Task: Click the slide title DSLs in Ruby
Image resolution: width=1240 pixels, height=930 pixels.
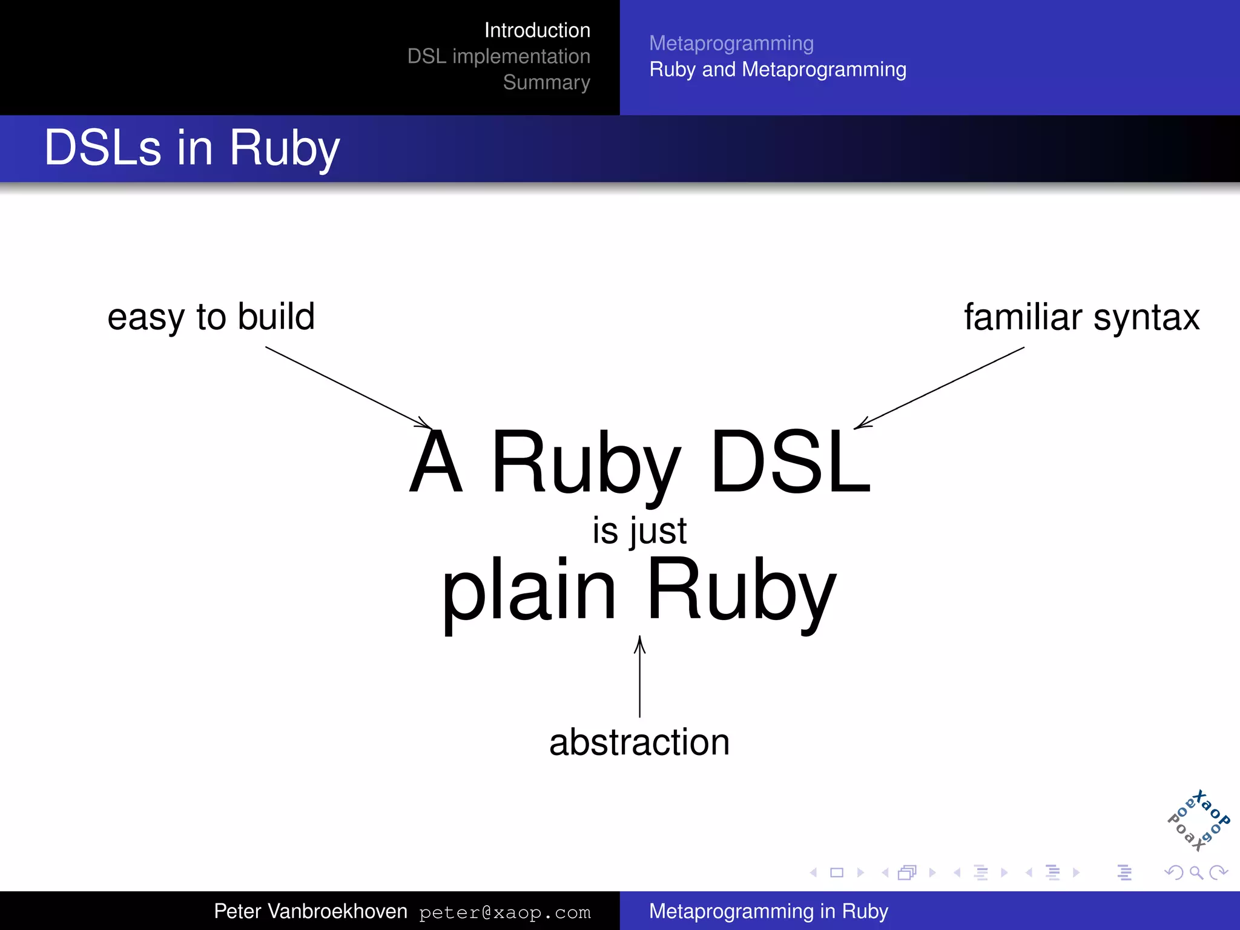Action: click(x=192, y=148)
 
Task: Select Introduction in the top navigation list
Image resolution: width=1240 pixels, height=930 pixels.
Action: click(x=537, y=30)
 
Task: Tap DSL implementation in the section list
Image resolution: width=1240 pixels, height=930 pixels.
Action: click(x=498, y=56)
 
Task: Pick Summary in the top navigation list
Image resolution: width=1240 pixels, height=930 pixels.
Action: click(x=546, y=82)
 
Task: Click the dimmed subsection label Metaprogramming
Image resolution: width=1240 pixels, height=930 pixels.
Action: click(x=731, y=44)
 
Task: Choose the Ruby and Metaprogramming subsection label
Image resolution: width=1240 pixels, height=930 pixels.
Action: click(x=777, y=70)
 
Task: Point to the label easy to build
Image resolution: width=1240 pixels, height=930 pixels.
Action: click(x=211, y=317)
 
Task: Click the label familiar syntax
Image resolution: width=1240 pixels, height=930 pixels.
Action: click(x=1081, y=317)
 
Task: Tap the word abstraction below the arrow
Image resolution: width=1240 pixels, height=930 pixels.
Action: click(x=639, y=742)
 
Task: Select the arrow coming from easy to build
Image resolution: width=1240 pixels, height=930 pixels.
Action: click(x=348, y=387)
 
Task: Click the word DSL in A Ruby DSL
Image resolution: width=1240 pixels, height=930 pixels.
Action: click(x=790, y=461)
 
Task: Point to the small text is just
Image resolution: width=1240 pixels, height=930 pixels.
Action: click(x=639, y=531)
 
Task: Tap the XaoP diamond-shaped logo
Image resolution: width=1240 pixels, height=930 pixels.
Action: click(x=1198, y=820)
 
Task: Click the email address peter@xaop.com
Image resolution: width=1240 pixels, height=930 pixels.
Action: click(x=504, y=912)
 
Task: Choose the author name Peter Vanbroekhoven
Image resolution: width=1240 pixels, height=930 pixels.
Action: click(x=311, y=911)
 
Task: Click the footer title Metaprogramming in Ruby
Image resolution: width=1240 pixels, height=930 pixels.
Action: click(x=768, y=911)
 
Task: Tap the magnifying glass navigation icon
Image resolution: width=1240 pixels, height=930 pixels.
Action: click(x=1196, y=872)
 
